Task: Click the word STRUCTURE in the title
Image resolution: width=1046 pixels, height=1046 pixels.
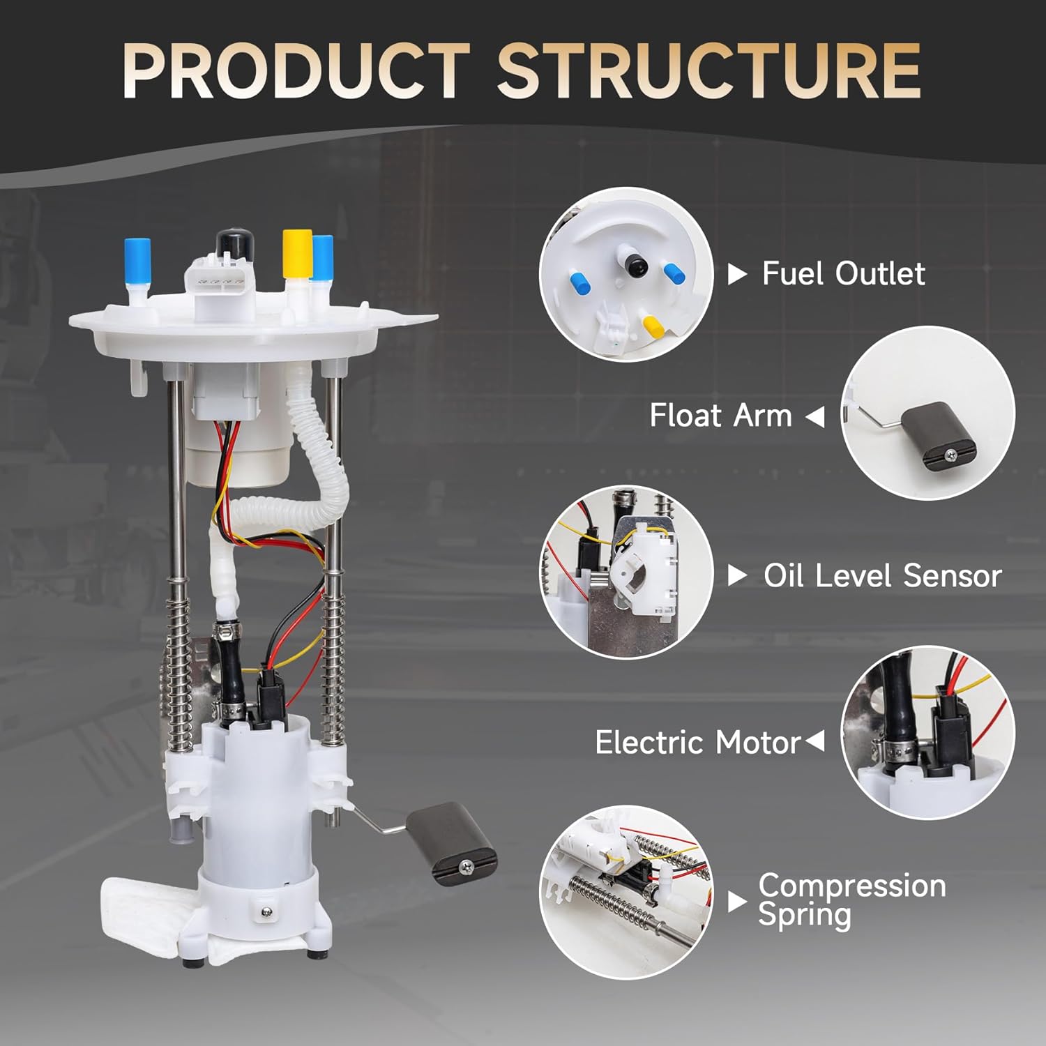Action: [x=708, y=71]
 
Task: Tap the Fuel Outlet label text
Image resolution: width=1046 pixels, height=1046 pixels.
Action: [x=843, y=273]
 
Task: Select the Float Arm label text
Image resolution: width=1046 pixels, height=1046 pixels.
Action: [x=720, y=416]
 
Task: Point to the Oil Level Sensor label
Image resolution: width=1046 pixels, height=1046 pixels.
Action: [x=881, y=576]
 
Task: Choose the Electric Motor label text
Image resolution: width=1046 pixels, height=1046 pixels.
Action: [x=697, y=743]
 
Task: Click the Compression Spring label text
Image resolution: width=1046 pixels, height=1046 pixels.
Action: [x=851, y=900]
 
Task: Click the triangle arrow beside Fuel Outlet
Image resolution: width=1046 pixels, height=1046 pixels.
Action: [x=736, y=274]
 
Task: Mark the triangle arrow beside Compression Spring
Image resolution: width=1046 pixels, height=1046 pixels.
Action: [x=736, y=902]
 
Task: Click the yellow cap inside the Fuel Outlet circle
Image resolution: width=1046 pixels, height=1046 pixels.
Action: [x=653, y=325]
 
